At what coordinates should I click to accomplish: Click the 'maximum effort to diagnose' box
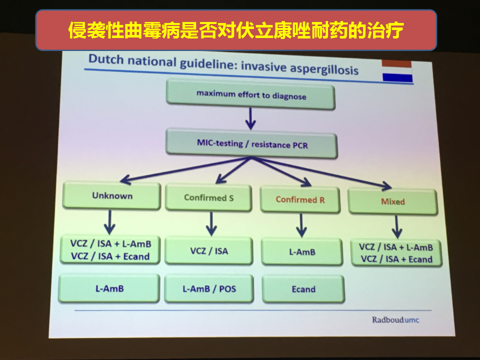[x=250, y=94]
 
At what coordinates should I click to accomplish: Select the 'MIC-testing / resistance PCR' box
[x=251, y=143]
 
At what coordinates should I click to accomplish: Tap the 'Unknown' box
[x=111, y=195]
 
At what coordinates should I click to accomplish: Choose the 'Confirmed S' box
[x=208, y=198]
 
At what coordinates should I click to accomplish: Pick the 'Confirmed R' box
[x=300, y=199]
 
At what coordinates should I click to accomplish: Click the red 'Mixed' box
[x=393, y=201]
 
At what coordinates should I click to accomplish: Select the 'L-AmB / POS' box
[x=209, y=288]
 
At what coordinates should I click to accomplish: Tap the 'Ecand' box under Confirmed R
[x=303, y=289]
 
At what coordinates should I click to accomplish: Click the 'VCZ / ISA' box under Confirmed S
[x=209, y=251]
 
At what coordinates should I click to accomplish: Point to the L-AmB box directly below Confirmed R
[x=302, y=252]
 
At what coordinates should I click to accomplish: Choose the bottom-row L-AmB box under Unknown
[x=109, y=288]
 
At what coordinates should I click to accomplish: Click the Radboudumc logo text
[x=395, y=320]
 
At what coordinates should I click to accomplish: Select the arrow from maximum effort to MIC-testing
[x=250, y=119]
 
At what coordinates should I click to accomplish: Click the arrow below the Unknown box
[x=109, y=222]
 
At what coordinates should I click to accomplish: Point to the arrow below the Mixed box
[x=396, y=227]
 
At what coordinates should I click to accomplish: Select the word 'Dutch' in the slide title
[x=106, y=59]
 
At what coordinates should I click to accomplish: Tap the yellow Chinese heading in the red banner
[x=235, y=30]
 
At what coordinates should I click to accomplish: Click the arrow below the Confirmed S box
[x=211, y=224]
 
